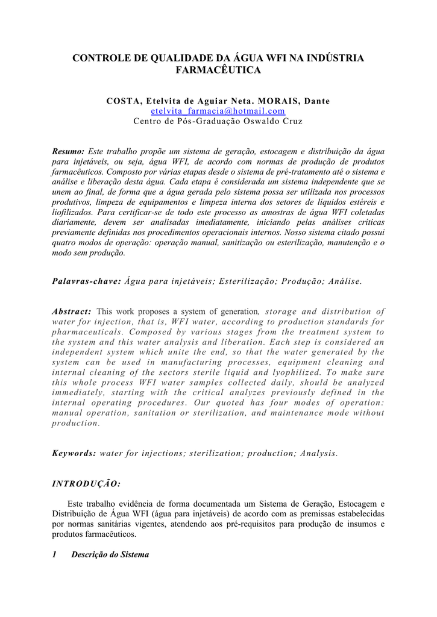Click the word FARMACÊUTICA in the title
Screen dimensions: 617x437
218,70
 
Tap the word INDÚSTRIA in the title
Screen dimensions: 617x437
335,58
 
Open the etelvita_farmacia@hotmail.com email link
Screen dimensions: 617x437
218,111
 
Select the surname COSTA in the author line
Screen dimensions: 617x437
124,101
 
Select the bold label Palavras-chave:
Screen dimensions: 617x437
87,280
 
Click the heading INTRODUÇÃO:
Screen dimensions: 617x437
86,484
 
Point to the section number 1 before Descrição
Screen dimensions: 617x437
54,554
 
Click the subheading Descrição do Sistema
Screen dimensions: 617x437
110,554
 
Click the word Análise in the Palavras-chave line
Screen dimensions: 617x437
345,280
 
